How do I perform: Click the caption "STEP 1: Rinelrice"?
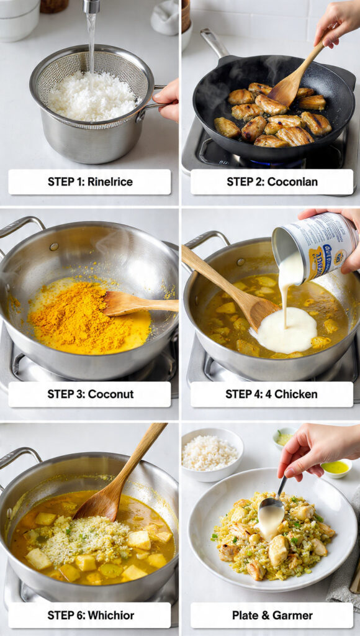point(89,181)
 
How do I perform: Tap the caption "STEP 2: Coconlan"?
point(271,181)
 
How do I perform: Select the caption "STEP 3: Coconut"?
point(89,394)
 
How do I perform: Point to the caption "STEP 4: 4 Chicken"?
point(271,394)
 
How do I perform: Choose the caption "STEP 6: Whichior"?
point(89,615)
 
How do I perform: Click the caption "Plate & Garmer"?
point(271,615)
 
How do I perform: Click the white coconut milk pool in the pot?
point(284,330)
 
